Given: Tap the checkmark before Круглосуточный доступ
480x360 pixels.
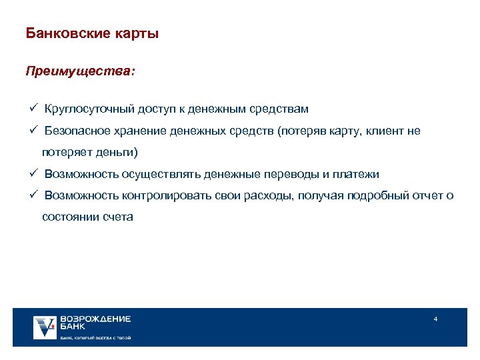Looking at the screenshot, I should tap(32, 108).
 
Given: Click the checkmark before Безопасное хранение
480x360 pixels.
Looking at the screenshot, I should tap(32, 131).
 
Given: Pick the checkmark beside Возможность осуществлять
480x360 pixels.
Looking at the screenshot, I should tap(32, 174).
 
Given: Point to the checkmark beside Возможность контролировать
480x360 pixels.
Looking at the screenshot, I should tap(32, 195).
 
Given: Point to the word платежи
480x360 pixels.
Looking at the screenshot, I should tap(357, 174).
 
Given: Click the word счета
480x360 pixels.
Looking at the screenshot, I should tap(117, 217).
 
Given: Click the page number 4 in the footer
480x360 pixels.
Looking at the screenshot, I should tap(435, 319).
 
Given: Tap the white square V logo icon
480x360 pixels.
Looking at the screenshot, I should tap(45, 327).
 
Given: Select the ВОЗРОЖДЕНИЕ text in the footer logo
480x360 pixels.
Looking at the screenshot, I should tap(95, 319).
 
